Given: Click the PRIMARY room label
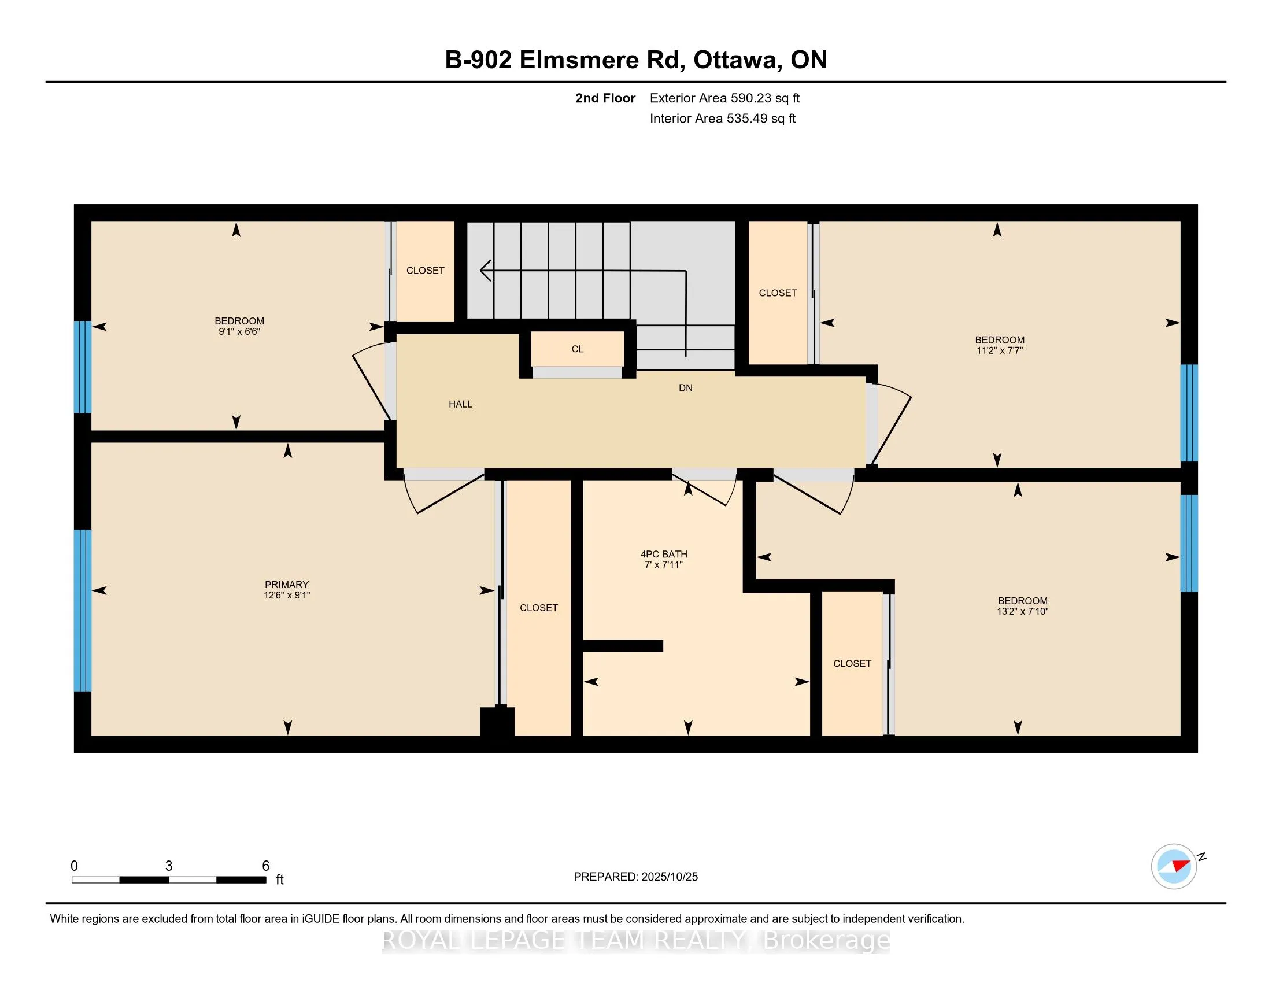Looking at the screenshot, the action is pyautogui.click(x=287, y=585).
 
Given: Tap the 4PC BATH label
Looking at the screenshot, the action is pyautogui.click(x=664, y=555).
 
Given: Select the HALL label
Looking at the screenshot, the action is pyautogui.click(x=460, y=404).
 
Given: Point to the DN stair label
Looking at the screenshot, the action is pyautogui.click(x=686, y=388).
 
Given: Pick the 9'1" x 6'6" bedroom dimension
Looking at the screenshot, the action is pyautogui.click(x=239, y=332).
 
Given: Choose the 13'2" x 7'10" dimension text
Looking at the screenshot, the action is pyautogui.click(x=1023, y=611).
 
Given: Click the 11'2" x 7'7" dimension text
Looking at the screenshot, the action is pyautogui.click(x=1000, y=350).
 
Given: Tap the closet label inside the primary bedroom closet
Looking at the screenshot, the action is pyautogui.click(x=539, y=608).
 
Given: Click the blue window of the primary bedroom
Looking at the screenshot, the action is pyautogui.click(x=83, y=610).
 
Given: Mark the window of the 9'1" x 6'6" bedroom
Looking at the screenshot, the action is pyautogui.click(x=83, y=367).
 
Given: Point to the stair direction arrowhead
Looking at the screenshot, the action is pyautogui.click(x=486, y=271).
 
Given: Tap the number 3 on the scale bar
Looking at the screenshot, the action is pyautogui.click(x=169, y=866).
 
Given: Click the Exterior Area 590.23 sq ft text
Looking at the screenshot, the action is pyautogui.click(x=724, y=98).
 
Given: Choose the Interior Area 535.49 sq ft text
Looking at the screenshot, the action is pyautogui.click(x=722, y=119).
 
